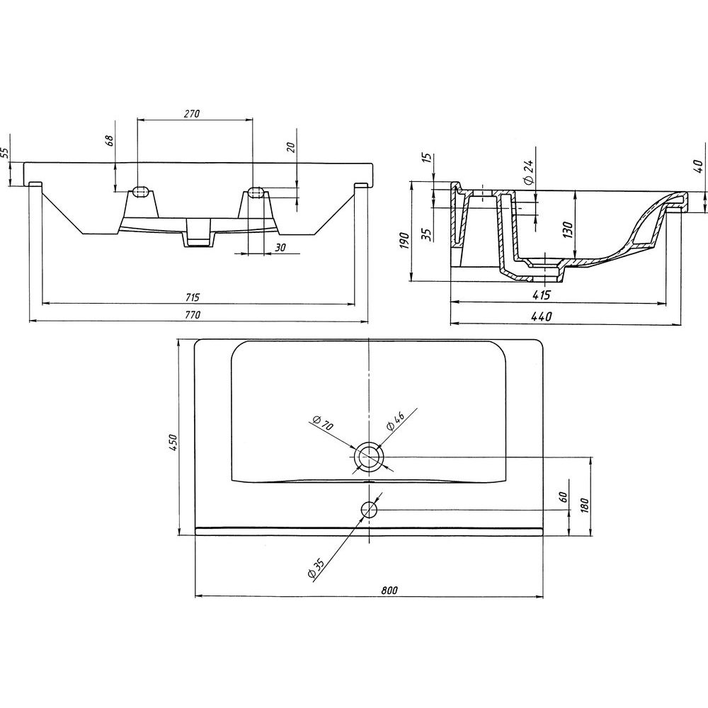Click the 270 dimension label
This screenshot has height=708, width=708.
tap(191, 114)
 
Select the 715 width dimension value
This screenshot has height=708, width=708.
tap(192, 297)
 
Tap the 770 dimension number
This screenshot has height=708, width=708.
tap(192, 316)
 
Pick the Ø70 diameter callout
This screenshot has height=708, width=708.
tap(322, 423)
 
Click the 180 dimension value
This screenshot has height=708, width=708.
tap(584, 506)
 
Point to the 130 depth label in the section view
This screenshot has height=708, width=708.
tap(569, 230)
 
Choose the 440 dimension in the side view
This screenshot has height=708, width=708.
tap(542, 317)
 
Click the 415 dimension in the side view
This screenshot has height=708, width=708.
tap(542, 295)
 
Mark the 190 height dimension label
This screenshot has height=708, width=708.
tap(404, 241)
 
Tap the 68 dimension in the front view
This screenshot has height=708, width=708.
tap(109, 140)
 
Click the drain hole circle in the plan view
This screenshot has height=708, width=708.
tap(370, 457)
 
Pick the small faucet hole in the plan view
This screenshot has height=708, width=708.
tap(369, 510)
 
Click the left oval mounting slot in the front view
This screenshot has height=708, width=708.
tap(139, 191)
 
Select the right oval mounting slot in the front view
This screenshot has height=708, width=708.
tap(256, 191)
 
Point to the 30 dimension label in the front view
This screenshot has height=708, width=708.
tap(280, 247)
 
